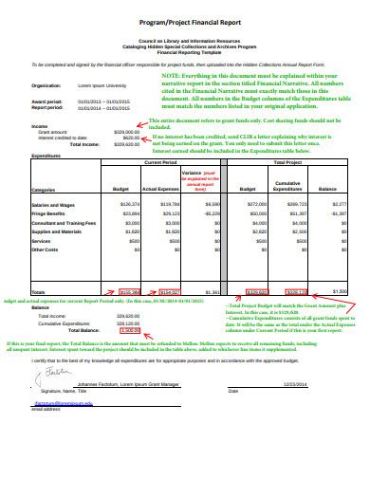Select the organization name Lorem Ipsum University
point(92,85)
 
